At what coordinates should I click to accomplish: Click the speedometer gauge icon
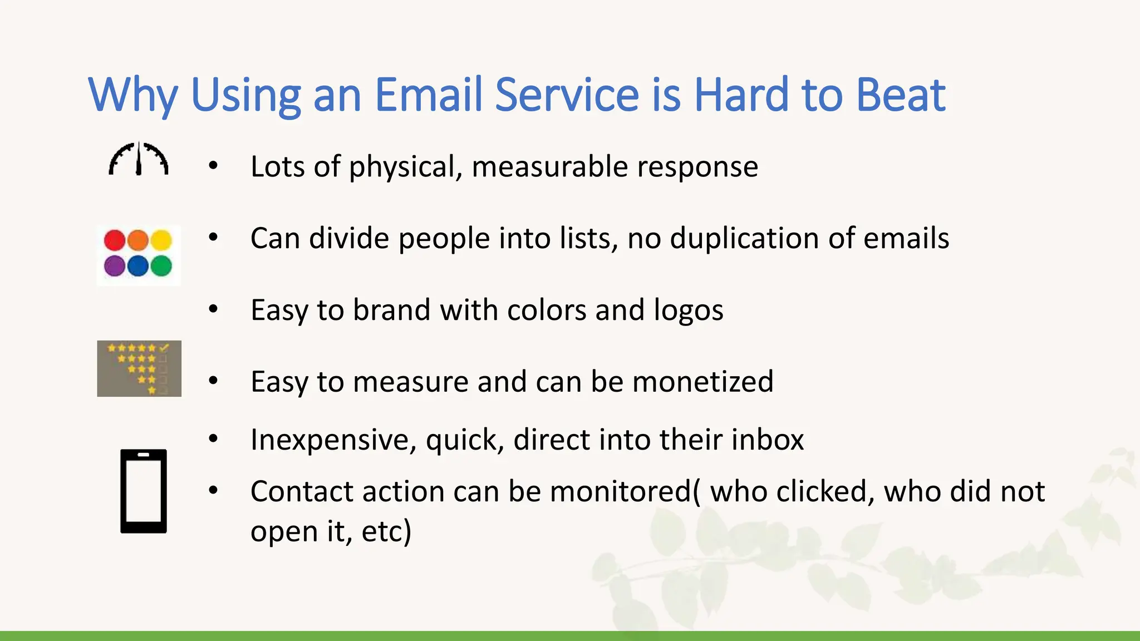pyautogui.click(x=138, y=160)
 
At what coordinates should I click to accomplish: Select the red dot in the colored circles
pyautogui.click(x=115, y=240)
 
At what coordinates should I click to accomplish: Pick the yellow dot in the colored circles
pyautogui.click(x=161, y=240)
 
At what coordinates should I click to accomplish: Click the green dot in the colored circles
pyautogui.click(x=161, y=266)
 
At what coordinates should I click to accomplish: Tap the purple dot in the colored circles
pyautogui.click(x=115, y=266)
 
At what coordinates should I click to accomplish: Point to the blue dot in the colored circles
pyautogui.click(x=138, y=266)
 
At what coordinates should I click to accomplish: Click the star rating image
pyautogui.click(x=139, y=368)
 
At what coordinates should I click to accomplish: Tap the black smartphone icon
pyautogui.click(x=144, y=491)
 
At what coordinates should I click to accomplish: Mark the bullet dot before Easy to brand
pyautogui.click(x=213, y=309)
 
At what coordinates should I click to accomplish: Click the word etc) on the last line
pyautogui.click(x=386, y=531)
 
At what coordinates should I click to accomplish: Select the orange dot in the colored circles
pyautogui.click(x=138, y=240)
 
